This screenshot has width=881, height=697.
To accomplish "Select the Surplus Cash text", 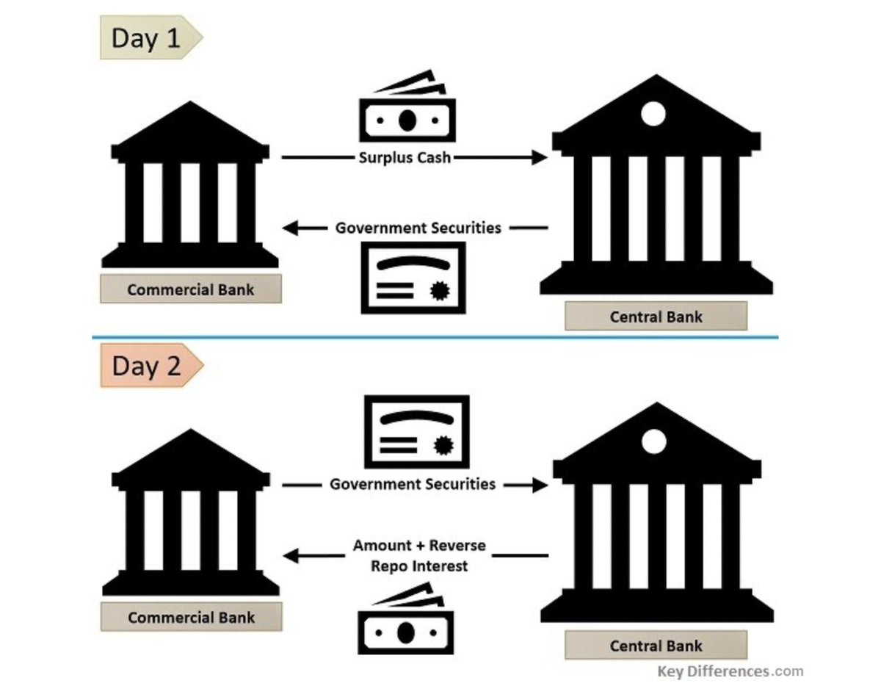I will click(x=405, y=157).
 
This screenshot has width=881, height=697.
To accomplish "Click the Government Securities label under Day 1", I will click(x=418, y=228).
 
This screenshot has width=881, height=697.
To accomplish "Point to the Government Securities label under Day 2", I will click(x=412, y=484).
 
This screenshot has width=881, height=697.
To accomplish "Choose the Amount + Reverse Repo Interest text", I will click(x=418, y=556).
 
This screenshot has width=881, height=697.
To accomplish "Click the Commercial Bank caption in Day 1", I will click(x=191, y=289).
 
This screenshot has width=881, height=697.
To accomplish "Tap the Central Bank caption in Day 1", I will click(x=656, y=317).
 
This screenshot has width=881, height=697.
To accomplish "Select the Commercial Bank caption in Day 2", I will click(x=191, y=617).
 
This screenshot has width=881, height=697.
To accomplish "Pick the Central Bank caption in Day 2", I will click(x=656, y=646).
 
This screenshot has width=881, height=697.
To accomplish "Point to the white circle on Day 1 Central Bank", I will click(x=653, y=114).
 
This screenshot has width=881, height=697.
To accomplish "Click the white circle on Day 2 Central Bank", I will click(x=653, y=441).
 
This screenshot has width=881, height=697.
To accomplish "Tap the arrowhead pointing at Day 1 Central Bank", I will click(x=540, y=157).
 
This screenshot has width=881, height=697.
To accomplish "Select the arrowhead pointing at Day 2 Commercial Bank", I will click(x=291, y=556).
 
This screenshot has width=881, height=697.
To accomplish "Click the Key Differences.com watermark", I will click(x=730, y=671).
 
